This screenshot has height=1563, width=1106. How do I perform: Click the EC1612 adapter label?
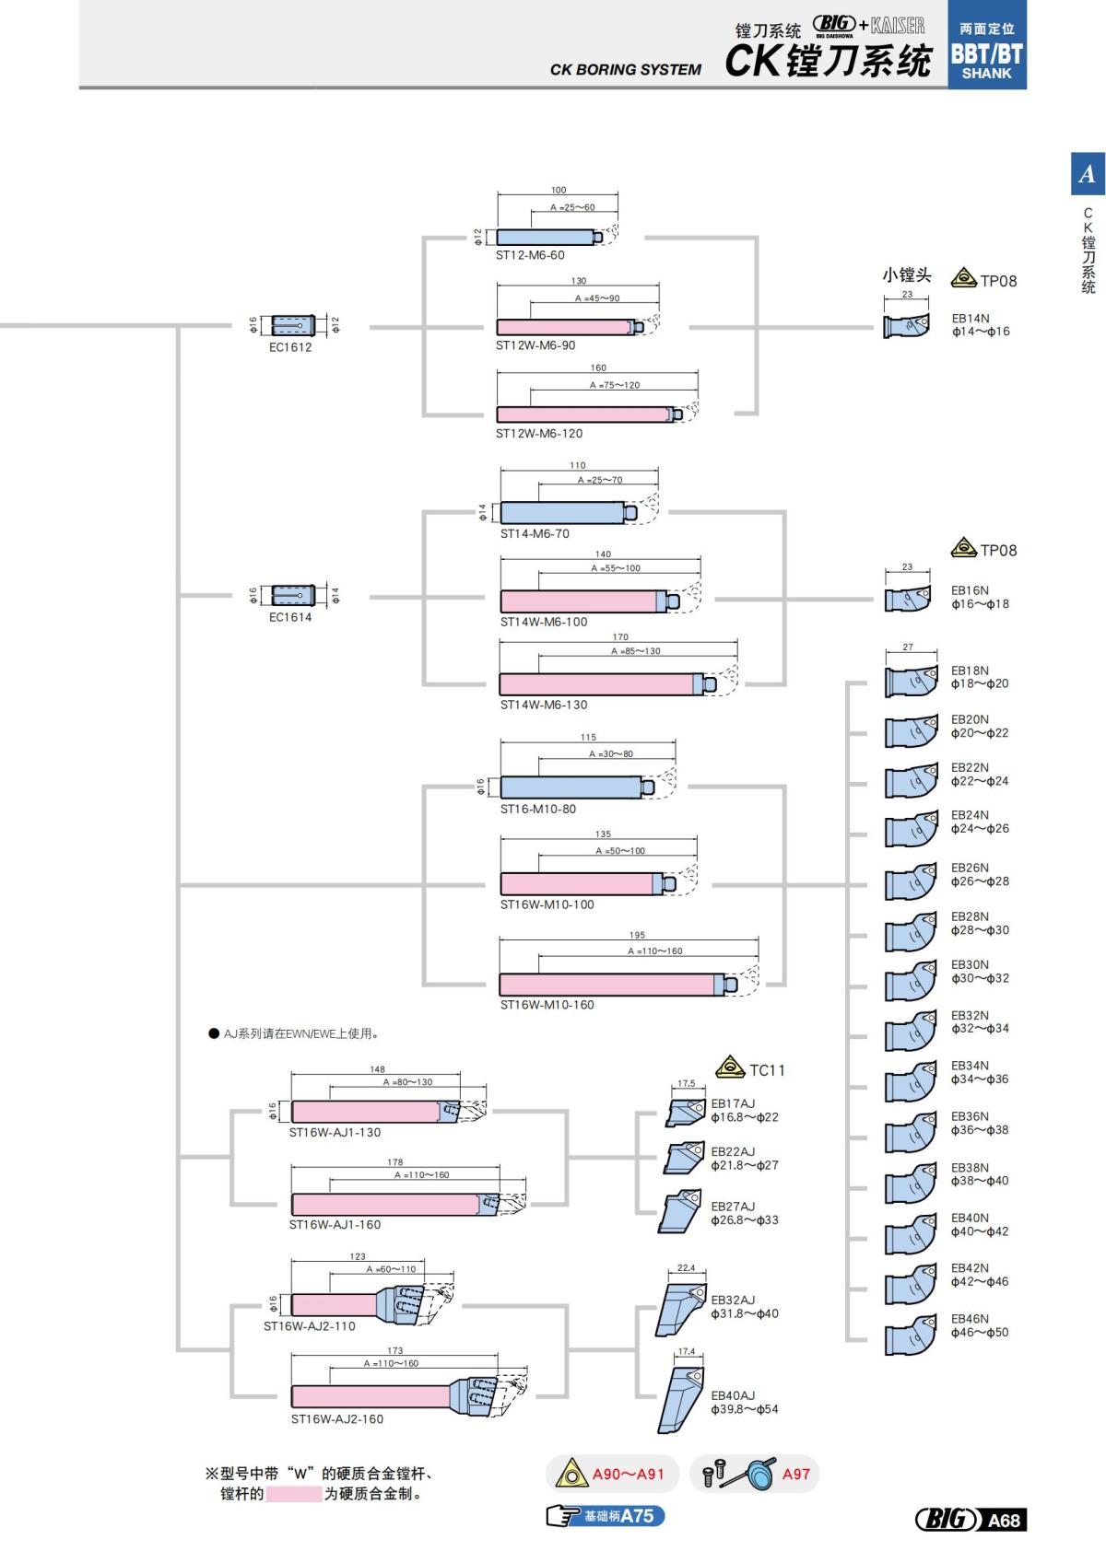click(x=290, y=347)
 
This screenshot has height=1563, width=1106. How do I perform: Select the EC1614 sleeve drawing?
click(x=293, y=595)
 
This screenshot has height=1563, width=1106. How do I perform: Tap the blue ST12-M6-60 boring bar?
click(x=546, y=238)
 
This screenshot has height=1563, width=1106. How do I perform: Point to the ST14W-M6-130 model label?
click(x=544, y=705)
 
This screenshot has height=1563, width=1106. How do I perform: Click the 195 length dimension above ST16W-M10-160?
click(x=637, y=935)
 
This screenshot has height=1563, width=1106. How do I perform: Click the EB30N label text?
click(x=970, y=964)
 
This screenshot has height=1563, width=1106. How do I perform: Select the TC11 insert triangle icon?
click(x=730, y=1067)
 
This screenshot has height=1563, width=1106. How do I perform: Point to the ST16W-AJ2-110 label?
click(x=309, y=1326)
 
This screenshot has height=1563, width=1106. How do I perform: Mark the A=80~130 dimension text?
click(x=407, y=1082)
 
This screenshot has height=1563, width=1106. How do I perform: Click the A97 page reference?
click(x=795, y=1474)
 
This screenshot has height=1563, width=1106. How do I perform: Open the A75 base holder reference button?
click(x=606, y=1516)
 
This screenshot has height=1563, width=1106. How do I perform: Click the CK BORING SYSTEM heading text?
click(x=625, y=69)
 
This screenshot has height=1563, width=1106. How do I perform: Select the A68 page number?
click(x=1004, y=1520)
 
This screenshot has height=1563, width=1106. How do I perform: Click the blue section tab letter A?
click(x=1088, y=173)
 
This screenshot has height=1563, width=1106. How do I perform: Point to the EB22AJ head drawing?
click(x=685, y=1158)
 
